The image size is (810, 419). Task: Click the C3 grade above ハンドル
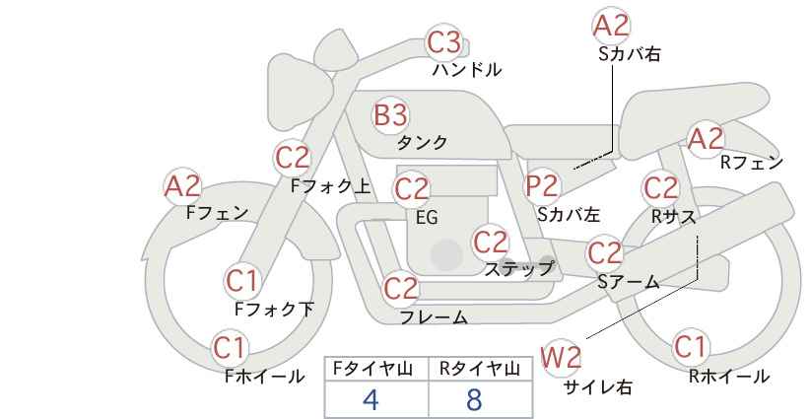click(444, 42)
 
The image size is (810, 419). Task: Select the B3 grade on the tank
click(390, 114)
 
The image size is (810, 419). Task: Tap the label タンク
click(422, 143)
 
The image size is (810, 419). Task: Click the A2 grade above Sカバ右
click(612, 26)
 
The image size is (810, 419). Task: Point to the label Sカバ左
click(569, 214)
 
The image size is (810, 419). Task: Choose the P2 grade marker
click(542, 186)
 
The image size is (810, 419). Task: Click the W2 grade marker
click(561, 357)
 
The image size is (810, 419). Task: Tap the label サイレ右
click(598, 387)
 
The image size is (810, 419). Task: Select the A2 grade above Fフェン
click(182, 186)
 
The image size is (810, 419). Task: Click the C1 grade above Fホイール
click(229, 348)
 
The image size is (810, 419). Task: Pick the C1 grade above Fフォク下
click(241, 282)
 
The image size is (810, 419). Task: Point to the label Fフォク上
click(331, 186)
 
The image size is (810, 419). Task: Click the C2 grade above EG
click(411, 189)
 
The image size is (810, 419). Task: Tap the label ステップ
click(518, 269)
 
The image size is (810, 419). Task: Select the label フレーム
click(434, 316)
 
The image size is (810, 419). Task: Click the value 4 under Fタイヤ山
click(371, 399)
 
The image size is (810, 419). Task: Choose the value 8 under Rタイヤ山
click(474, 399)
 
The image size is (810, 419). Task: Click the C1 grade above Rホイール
click(690, 346)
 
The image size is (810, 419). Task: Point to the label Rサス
click(673, 217)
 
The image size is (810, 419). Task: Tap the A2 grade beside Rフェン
click(706, 138)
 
